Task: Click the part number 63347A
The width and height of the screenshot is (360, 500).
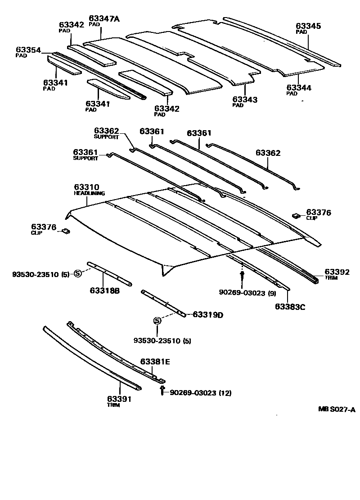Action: [x=104, y=18]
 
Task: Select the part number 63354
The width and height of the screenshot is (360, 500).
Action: [x=28, y=50]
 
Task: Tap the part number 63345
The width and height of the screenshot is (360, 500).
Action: [x=308, y=26]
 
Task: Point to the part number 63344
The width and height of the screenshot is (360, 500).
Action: [x=299, y=87]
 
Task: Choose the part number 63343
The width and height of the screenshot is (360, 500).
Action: [x=245, y=99]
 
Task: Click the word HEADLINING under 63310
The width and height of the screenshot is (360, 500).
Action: [x=89, y=193]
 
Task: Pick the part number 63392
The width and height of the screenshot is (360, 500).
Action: [x=337, y=272]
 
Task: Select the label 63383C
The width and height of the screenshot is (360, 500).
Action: [x=290, y=307]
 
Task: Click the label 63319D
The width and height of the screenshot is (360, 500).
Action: [x=208, y=314]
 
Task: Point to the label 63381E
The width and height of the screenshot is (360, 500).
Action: [x=155, y=361]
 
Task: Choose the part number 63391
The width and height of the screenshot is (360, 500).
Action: [x=119, y=398]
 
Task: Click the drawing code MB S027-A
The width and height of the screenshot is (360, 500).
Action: [x=337, y=409]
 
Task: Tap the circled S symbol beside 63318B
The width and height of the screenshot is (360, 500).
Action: [x=77, y=273]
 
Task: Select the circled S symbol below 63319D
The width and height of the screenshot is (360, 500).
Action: [x=157, y=321]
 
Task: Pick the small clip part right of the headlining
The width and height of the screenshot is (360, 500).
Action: [x=296, y=215]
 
